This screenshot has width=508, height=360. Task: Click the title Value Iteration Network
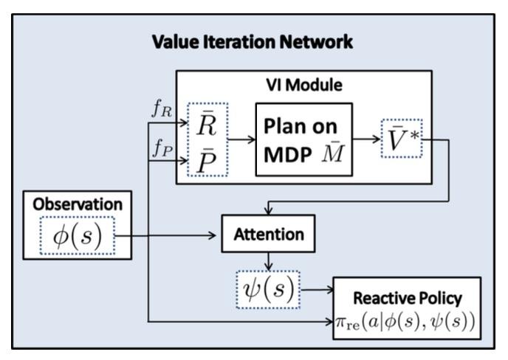coord(253,42)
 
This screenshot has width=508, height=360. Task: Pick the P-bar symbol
coord(207,158)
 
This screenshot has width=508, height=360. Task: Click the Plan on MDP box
coord(303,139)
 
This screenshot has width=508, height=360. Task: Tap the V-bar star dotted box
coord(401,139)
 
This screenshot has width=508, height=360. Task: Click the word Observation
coord(77,204)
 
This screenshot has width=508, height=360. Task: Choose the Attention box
coord(269,235)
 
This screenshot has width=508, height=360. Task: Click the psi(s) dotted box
coord(269,288)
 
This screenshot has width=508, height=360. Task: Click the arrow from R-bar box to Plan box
coord(241,139)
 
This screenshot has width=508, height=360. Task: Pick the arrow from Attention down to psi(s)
coord(269,263)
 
